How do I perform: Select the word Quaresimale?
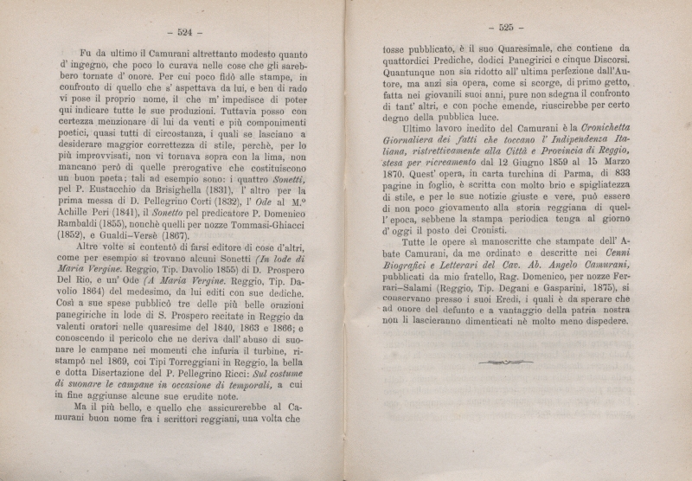point(498,50)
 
